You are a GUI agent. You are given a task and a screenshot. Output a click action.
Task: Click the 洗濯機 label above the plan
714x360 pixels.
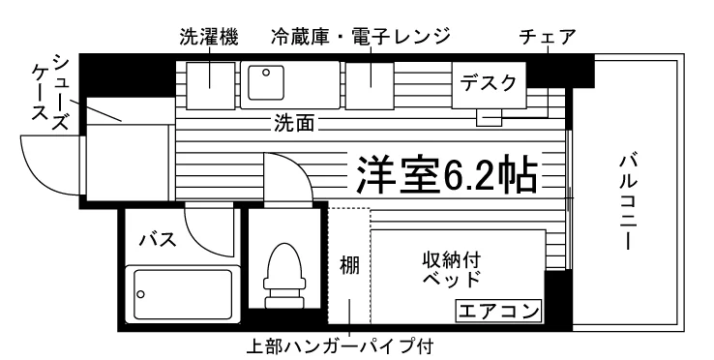[x=209, y=38]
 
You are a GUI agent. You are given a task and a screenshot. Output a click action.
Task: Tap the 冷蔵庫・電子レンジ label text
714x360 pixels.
[x=361, y=38]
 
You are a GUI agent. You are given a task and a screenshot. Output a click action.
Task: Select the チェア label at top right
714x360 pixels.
[x=548, y=38]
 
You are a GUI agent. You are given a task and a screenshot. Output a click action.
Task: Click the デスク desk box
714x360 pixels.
[x=489, y=85]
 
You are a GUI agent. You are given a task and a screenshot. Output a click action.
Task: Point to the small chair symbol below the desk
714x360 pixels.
[x=489, y=118]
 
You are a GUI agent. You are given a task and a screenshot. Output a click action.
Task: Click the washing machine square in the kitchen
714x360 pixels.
[x=210, y=86]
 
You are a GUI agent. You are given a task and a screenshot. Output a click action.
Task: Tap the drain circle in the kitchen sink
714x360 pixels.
[x=266, y=72]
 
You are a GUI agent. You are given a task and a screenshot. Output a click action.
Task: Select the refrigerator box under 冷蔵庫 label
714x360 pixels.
[x=370, y=86]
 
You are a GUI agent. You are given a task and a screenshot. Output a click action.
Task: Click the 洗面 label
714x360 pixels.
[x=294, y=123]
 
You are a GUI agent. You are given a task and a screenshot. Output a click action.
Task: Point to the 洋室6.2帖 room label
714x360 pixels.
[x=446, y=175]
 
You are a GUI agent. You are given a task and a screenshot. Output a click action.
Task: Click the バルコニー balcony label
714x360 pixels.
[x=628, y=202]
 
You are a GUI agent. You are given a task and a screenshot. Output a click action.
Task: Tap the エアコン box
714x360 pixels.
[x=498, y=312]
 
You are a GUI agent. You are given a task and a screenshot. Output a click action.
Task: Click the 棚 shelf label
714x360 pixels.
[x=349, y=265]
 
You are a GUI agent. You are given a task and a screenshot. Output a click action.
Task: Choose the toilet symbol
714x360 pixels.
[x=285, y=275]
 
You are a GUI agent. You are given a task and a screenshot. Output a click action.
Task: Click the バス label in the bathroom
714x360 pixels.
[x=158, y=239]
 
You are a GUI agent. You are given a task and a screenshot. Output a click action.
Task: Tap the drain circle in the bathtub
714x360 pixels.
[x=140, y=294]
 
